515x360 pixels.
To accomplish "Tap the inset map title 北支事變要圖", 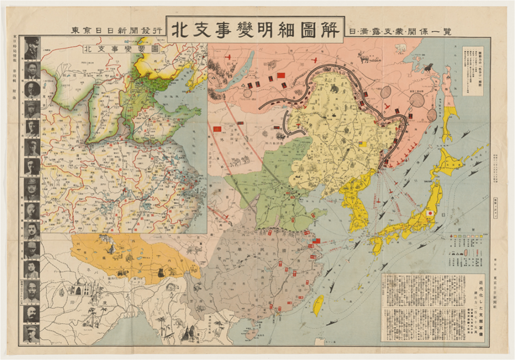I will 108,49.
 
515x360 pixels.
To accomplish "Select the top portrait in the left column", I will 32,48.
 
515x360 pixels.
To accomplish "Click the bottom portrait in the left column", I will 32,333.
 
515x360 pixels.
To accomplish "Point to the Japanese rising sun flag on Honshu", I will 430,214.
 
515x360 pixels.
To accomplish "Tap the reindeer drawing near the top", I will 366,58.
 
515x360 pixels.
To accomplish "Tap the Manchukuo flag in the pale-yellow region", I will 362,144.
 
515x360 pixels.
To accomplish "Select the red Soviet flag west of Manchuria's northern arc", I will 280,75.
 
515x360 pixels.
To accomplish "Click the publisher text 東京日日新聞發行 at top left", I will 117,31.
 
